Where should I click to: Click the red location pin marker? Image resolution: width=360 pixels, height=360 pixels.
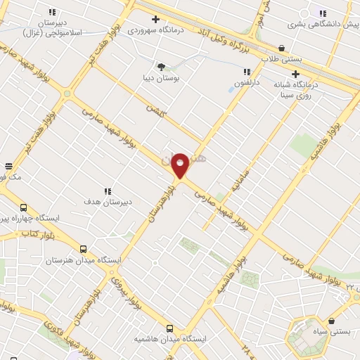point(180,165)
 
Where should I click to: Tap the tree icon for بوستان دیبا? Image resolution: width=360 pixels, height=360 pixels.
point(162,67)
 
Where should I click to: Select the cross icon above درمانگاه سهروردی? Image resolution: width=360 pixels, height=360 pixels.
point(155,19)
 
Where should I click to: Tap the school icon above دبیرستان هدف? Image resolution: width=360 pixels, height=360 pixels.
point(108,191)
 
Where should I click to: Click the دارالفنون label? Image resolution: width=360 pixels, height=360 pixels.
point(247,83)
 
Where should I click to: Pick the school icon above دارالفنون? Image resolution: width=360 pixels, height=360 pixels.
point(247,72)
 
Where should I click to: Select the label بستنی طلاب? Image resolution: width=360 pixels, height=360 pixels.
point(281,59)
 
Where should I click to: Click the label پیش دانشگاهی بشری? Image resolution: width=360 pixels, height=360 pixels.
point(322,25)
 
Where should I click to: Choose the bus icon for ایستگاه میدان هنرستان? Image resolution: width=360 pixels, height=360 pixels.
point(83,248)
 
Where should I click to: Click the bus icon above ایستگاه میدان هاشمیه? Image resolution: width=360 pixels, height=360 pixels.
point(169,328)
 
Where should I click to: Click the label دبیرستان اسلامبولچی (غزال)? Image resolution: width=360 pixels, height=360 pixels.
point(52,27)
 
